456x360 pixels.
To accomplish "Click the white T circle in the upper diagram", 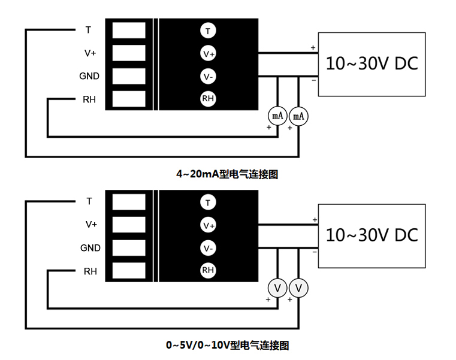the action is [208, 31].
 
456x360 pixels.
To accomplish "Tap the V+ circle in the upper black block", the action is [208, 53].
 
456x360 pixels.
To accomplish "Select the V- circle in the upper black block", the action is [208, 77].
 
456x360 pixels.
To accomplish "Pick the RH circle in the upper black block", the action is [208, 99].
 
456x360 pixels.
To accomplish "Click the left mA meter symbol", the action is [277, 116].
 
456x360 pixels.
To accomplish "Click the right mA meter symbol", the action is [298, 116].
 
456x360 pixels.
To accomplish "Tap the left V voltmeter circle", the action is [277, 288].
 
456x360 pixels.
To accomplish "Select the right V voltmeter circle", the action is [298, 288].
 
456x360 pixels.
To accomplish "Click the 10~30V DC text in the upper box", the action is [372, 63].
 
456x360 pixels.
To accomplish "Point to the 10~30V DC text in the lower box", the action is [372, 235].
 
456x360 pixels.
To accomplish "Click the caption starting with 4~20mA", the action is [227, 174].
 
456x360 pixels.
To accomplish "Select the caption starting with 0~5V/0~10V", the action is [228, 346].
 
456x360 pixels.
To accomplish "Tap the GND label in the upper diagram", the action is [89, 76].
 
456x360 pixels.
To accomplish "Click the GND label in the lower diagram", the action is [90, 248].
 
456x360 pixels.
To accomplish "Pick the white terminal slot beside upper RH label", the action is [129, 99].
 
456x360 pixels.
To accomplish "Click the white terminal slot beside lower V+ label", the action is [129, 225].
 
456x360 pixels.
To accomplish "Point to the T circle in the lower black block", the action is [208, 202].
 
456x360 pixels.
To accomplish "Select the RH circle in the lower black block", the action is [208, 270].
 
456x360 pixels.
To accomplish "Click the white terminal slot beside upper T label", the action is [129, 30].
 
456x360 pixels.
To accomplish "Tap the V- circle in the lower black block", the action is [208, 248].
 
